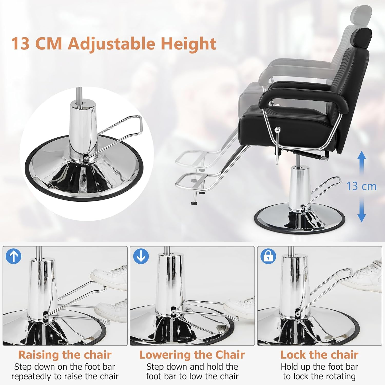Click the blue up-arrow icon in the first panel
click(x=13, y=256)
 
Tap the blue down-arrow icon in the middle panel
click(x=141, y=256)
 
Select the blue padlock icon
click(x=268, y=256)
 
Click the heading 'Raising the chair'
click(x=65, y=355)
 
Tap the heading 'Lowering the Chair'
click(x=192, y=355)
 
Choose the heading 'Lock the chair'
click(x=319, y=355)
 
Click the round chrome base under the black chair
click(x=299, y=221)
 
